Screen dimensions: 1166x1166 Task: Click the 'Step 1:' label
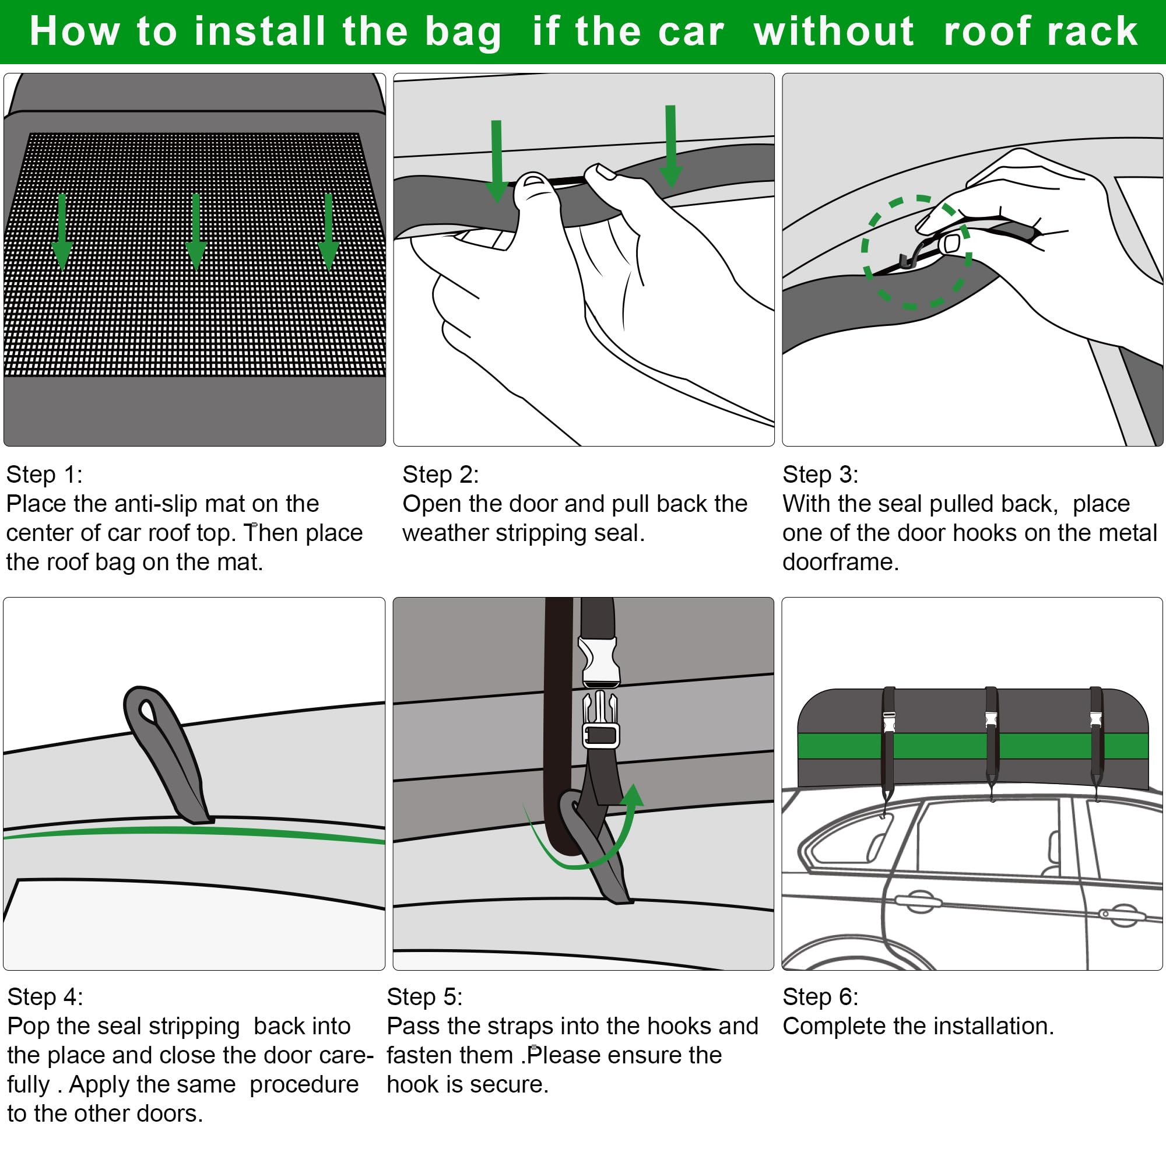(44, 475)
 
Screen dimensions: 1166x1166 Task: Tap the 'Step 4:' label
(45, 996)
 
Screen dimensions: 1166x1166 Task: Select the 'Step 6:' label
(820, 996)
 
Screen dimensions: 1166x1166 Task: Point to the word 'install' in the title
(259, 31)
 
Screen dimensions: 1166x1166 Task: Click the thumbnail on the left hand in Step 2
(532, 181)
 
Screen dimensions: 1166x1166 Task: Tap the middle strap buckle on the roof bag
(991, 719)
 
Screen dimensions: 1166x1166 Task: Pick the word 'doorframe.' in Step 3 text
(841, 562)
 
